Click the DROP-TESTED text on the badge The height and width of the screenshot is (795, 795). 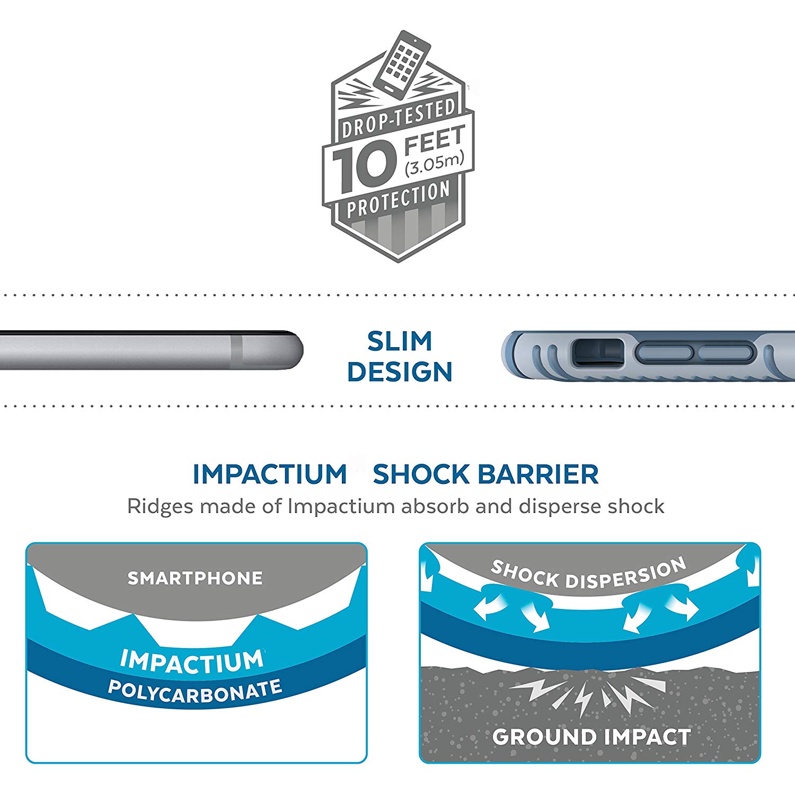399,119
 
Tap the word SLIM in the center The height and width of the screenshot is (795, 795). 400,341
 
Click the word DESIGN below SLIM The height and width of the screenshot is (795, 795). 400,372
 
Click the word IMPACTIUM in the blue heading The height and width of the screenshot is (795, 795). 269,474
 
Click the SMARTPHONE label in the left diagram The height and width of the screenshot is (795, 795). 195,578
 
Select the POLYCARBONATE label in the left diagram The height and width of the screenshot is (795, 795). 195,691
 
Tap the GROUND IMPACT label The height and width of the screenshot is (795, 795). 591,737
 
